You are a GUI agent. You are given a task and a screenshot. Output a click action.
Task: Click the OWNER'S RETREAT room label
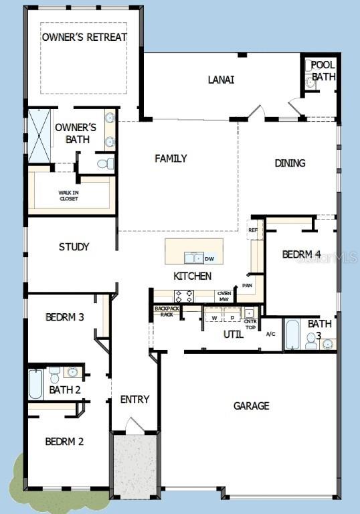84,37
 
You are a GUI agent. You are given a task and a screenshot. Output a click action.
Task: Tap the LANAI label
221,80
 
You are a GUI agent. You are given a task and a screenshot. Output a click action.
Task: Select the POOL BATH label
324,71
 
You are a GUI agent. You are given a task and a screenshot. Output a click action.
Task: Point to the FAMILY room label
171,159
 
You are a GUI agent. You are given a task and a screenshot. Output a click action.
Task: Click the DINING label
290,163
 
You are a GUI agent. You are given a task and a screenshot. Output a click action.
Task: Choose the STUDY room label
74,247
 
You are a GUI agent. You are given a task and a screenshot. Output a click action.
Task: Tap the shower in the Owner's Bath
39,134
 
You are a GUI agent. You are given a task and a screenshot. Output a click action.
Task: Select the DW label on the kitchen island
209,258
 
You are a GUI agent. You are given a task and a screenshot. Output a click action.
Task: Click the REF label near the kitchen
252,230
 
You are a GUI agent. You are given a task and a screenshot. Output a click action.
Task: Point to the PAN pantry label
247,285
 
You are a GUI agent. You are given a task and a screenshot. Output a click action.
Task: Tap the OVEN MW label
223,296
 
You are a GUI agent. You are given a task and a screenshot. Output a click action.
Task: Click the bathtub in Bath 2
35,384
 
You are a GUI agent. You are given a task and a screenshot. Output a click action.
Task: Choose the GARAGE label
251,406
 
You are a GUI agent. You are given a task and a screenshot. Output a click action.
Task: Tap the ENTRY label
134,400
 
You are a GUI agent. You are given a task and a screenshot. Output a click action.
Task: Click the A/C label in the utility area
270,334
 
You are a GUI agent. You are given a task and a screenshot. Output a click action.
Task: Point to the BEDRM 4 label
301,254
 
